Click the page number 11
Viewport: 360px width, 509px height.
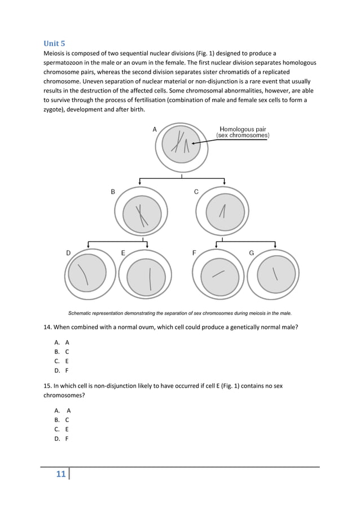[61, 473]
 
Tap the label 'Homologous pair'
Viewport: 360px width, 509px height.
[243, 129]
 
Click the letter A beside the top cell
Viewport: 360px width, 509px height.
[155, 129]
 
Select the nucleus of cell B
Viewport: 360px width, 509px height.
[142, 215]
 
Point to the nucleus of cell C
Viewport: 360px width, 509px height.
[223, 215]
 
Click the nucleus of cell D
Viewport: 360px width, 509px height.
[87, 273]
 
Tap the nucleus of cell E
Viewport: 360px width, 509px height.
[146, 277]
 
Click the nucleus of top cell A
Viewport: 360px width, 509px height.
[181, 144]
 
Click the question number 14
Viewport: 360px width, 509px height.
[47, 327]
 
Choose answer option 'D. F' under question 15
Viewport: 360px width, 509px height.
[62, 438]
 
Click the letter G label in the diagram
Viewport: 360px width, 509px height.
[252, 253]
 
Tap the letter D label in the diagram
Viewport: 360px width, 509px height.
[68, 253]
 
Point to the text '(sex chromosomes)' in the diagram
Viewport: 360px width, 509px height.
[243, 135]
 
